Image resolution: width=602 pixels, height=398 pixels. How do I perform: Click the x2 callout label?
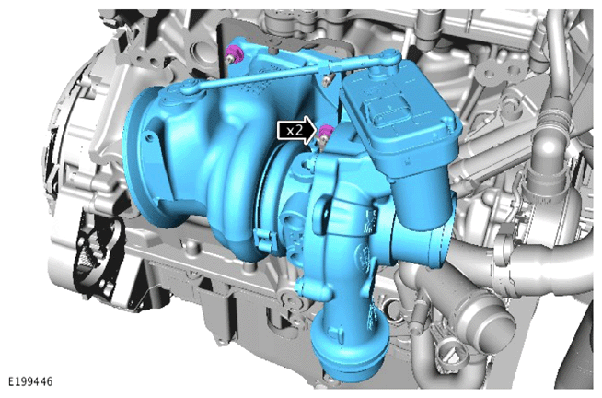[x=295, y=132]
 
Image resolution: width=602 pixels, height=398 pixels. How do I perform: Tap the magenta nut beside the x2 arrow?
[x=325, y=133]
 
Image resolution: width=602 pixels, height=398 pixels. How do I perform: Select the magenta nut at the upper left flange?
[x=234, y=53]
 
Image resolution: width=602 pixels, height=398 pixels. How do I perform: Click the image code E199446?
[x=30, y=381]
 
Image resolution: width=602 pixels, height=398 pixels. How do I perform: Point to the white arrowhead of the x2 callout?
[x=310, y=132]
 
